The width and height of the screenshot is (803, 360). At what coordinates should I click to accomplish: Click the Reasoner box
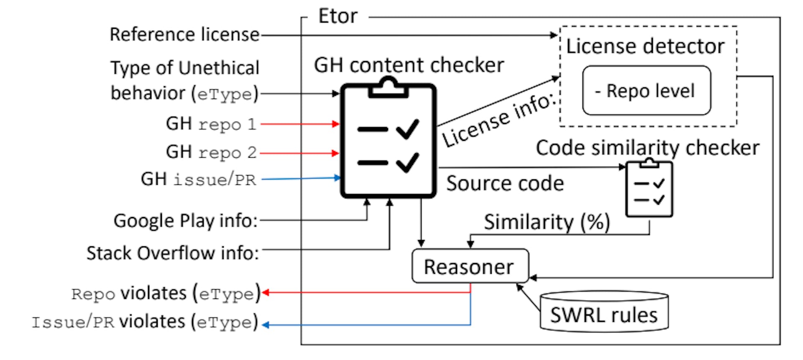(x=470, y=266)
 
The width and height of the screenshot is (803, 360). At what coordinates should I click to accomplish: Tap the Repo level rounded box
(x=647, y=91)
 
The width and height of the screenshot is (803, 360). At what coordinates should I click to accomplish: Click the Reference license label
(x=184, y=35)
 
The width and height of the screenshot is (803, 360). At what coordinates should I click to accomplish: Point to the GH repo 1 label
(x=211, y=124)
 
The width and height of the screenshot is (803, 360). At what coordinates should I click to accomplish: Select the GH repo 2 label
(x=211, y=153)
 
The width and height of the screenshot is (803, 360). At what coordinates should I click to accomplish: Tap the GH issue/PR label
(x=198, y=179)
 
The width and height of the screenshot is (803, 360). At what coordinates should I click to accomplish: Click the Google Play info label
(x=186, y=221)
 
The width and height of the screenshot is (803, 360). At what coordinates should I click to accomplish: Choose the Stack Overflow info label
(x=173, y=253)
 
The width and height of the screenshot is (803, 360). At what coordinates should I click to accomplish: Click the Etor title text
(x=338, y=17)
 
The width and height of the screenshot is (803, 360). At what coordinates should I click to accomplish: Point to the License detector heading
(x=645, y=46)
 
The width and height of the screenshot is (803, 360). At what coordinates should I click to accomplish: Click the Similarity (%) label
(x=547, y=222)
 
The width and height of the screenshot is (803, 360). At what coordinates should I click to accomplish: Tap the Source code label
(x=505, y=184)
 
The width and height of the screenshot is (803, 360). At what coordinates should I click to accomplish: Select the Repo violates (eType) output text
(x=166, y=294)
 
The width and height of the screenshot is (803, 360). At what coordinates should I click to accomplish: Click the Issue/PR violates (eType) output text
(x=145, y=322)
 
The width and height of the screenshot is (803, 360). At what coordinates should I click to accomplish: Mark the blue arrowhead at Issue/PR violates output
(x=266, y=325)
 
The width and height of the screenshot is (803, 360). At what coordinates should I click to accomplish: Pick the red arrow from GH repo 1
(x=299, y=124)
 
